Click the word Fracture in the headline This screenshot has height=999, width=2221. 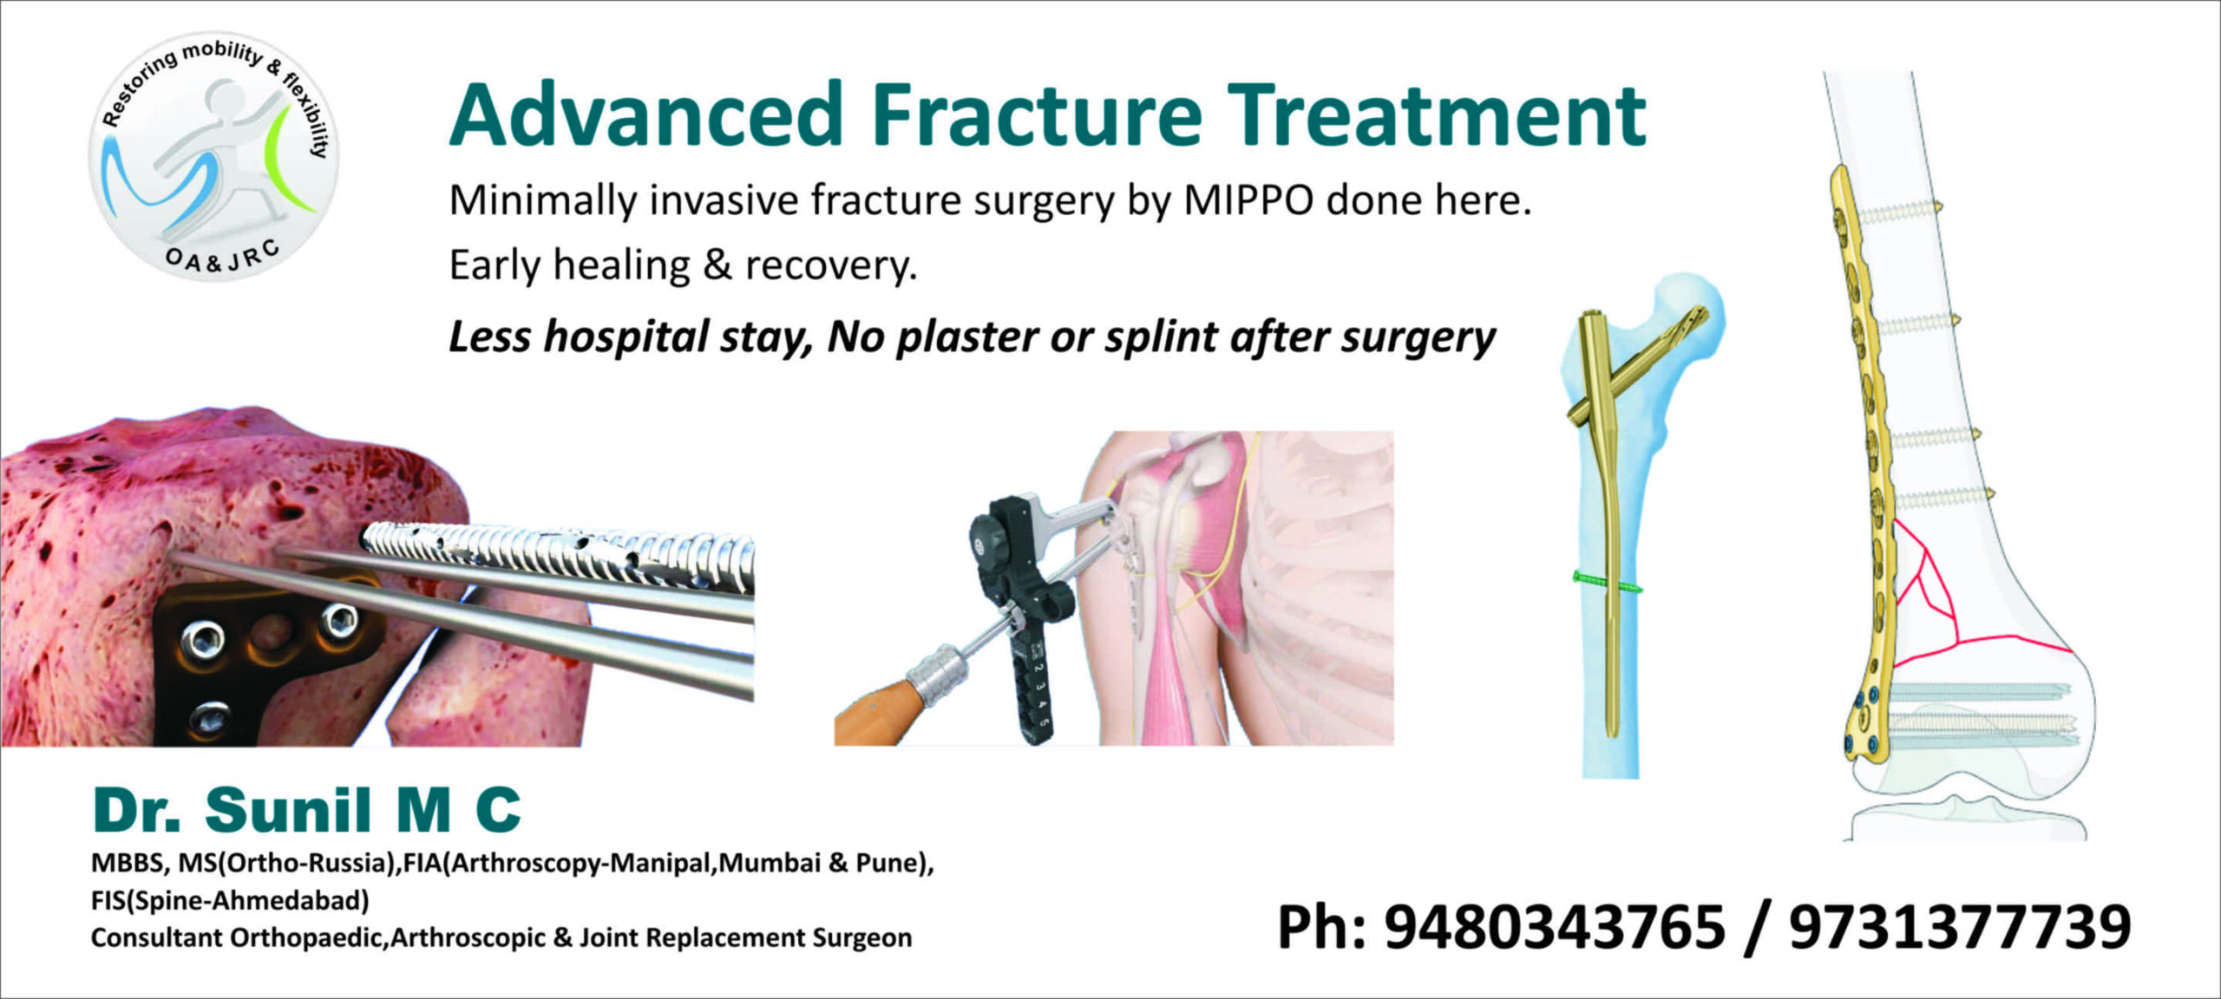tap(1037, 115)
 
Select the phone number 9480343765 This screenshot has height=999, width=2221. tap(1554, 926)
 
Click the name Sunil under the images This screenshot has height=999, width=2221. tap(288, 810)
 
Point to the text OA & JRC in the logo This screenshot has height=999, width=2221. tap(223, 258)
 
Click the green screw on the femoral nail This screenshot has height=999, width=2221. tap(1608, 583)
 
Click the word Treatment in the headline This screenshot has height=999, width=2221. tap(1436, 115)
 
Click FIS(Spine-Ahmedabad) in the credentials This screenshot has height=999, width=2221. tap(230, 901)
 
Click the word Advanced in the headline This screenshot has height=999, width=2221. tap(646, 115)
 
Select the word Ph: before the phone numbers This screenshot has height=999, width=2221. tap(1321, 928)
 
